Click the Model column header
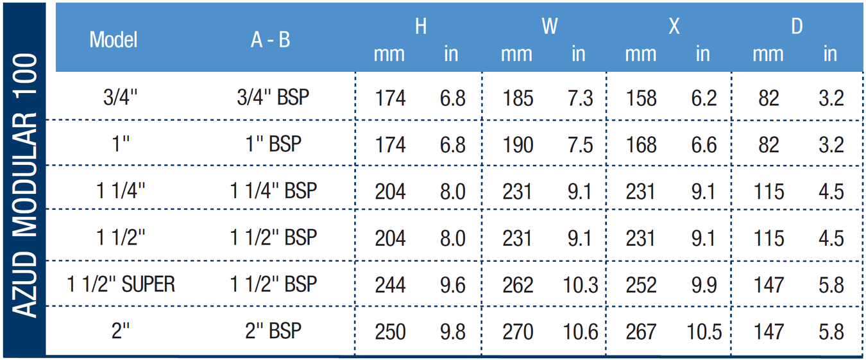(114, 39)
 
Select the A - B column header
(270, 39)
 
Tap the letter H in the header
(421, 26)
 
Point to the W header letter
(549, 26)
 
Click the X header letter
(674, 26)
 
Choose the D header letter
(797, 26)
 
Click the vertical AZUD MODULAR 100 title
(25, 185)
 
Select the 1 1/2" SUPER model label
(121, 284)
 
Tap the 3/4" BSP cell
(273, 97)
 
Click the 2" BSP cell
(273, 331)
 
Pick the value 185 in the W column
(518, 98)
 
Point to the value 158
(641, 98)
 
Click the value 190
(518, 145)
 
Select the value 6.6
(704, 145)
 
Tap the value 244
(390, 285)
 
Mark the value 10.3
(581, 285)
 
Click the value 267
(641, 332)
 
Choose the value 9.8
(452, 332)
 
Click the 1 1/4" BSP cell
(273, 191)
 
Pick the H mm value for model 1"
(390, 145)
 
